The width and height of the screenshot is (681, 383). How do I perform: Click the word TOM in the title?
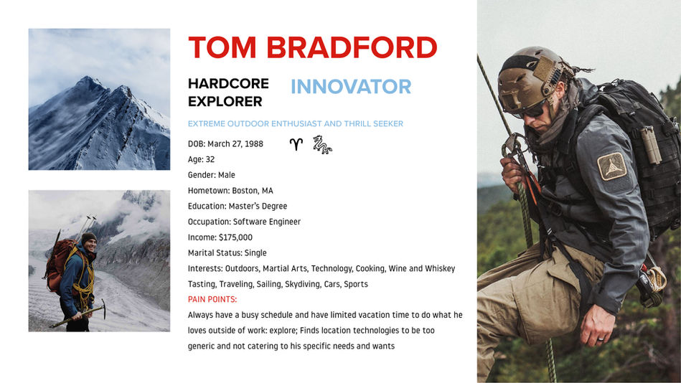pos(222,48)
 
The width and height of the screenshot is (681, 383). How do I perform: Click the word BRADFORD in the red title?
pos(352,48)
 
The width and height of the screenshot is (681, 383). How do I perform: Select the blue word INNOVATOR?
pos(351,87)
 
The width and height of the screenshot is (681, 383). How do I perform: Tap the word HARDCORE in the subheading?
pos(228,84)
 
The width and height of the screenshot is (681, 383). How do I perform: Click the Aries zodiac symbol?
pos(296,144)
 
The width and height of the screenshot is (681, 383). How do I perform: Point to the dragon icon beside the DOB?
pos(322,144)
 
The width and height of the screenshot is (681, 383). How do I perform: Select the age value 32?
pos(210,159)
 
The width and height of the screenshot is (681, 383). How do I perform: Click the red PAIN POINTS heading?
pos(212,299)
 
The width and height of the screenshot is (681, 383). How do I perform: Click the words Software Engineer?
pos(267,222)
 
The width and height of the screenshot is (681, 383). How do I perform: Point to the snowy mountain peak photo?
pos(99,99)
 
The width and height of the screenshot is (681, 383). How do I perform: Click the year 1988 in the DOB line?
pos(253,143)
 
